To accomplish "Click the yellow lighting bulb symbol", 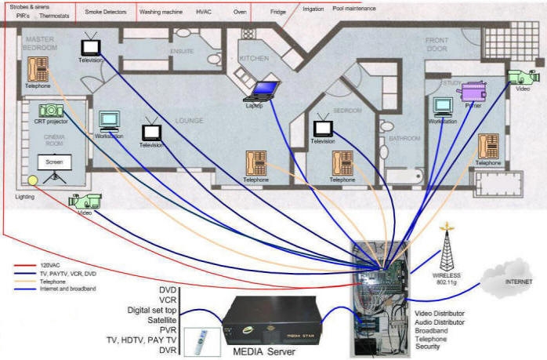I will tap(32, 181).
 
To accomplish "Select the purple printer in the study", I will tap(473, 93).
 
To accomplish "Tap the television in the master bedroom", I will tap(90, 46).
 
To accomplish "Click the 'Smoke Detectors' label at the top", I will tap(106, 13).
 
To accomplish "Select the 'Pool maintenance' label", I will tap(353, 9).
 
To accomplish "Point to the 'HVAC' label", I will tap(204, 13).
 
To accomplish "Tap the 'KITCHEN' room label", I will tap(254, 58).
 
